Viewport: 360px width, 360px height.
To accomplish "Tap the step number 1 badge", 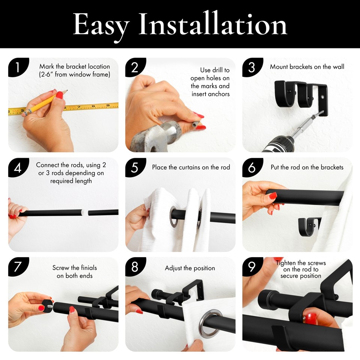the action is coord(18,67).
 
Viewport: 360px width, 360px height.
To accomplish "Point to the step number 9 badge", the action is coord(252,267).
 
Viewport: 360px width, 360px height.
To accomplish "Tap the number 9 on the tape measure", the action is coord(108,105).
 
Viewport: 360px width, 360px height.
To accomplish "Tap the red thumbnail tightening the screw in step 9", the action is coord(311,319).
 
